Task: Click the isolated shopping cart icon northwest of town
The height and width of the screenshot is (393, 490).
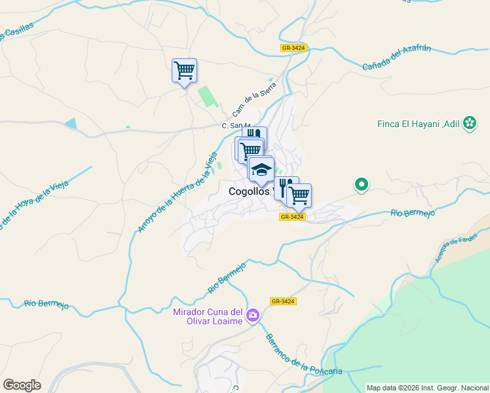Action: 184,70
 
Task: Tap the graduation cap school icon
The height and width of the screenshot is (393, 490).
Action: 261,170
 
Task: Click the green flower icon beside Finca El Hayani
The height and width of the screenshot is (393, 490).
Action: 470,123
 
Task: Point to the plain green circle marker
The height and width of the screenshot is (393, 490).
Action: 361,185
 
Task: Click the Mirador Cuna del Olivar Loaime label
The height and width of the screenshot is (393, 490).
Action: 208,316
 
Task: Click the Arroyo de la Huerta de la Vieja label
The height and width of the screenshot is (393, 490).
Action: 177,192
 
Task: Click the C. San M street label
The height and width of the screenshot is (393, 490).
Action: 236,126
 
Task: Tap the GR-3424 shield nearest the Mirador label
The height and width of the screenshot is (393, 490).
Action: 283,301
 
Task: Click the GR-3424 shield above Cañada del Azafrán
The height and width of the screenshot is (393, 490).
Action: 293,48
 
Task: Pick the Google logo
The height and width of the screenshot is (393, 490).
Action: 22,385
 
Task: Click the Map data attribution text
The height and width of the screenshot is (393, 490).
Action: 427,388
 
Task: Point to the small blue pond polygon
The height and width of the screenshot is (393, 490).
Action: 71,124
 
